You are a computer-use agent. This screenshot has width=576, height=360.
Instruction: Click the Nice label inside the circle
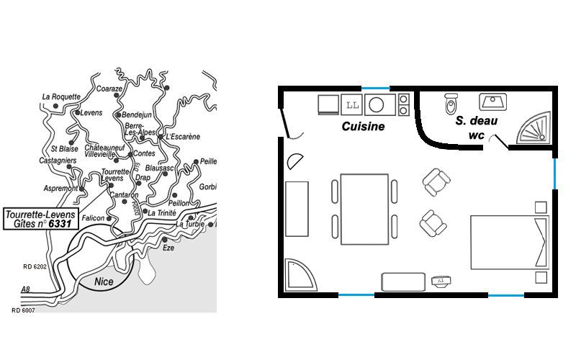pyautogui.click(x=104, y=282)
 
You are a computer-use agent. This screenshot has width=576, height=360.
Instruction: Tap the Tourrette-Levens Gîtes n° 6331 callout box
pyautogui.click(x=41, y=219)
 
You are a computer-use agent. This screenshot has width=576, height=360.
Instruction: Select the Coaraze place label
pyautogui.click(x=109, y=89)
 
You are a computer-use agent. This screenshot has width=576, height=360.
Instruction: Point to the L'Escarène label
pyautogui.click(x=183, y=137)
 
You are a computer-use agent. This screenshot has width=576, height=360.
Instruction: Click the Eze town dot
pyautogui.click(x=165, y=240)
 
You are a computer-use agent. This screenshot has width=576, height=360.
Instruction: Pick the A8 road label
pyautogui.click(x=25, y=289)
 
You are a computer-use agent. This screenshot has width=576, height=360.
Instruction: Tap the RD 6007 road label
pyautogui.click(x=23, y=310)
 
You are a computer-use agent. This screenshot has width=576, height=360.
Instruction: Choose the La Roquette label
pyautogui.click(x=61, y=97)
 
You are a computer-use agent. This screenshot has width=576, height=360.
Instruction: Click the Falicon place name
pyautogui.click(x=93, y=218)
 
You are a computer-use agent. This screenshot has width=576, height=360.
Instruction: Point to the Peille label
pyautogui.click(x=208, y=161)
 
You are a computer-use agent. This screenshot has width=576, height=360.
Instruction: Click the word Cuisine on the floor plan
pyautogui.click(x=363, y=127)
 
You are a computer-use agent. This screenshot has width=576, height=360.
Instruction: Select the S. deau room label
pyautogui.click(x=477, y=120)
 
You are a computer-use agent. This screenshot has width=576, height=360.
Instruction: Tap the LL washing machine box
pyautogui.click(x=352, y=105)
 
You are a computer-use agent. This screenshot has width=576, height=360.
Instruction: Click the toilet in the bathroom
pyautogui.click(x=451, y=103)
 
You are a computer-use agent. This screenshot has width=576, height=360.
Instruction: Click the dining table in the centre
pyautogui.click(x=364, y=210)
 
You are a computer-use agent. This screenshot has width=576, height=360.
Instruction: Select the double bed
pyautogui.click(x=510, y=243)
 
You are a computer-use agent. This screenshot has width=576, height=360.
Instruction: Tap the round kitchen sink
pyautogui.click(x=376, y=105)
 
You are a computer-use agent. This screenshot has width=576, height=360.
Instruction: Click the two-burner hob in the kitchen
pyautogui.click(x=403, y=104)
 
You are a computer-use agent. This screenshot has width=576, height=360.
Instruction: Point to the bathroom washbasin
pyautogui.click(x=492, y=102)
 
